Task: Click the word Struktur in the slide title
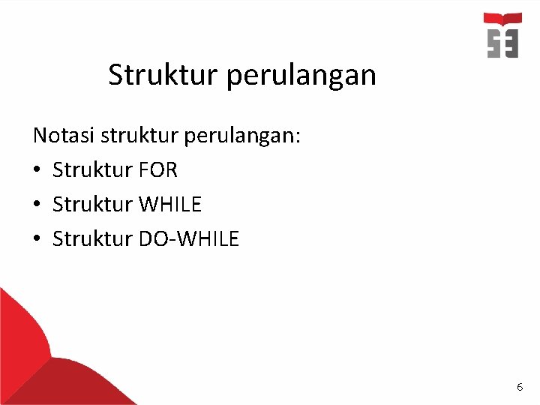click(154, 75)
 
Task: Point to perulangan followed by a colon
click(247, 137)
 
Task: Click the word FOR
click(158, 170)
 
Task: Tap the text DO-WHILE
click(189, 238)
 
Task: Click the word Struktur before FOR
click(93, 170)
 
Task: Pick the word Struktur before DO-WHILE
click(93, 238)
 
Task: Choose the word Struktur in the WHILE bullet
click(93, 204)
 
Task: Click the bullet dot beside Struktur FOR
click(37, 171)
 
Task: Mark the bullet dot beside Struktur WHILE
click(37, 205)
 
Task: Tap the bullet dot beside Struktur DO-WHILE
click(37, 239)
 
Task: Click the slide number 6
click(520, 387)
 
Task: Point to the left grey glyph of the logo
click(493, 43)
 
